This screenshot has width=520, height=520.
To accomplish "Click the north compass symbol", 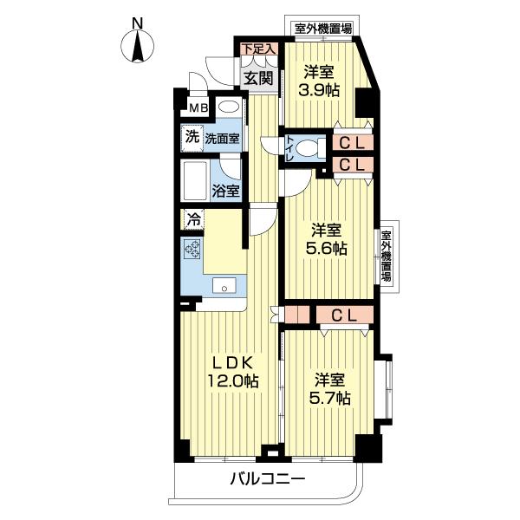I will pyautogui.click(x=138, y=43).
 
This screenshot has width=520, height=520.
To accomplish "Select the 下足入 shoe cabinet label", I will pyautogui.click(x=257, y=49).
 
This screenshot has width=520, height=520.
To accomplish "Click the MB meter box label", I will pyautogui.click(x=198, y=109).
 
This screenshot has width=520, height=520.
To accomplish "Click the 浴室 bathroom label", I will pyautogui.click(x=226, y=190).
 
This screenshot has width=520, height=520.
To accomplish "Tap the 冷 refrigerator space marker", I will pyautogui.click(x=194, y=220).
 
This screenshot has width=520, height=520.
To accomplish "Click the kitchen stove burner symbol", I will pyautogui.click(x=193, y=251).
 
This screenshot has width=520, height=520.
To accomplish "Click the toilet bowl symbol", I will pyautogui.click(x=304, y=148).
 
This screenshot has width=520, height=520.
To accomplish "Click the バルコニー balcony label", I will pyautogui.click(x=267, y=479).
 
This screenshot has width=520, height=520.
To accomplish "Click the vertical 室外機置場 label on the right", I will pyautogui.click(x=387, y=257).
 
